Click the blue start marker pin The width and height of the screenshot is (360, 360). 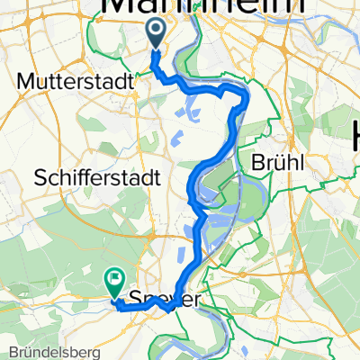[155, 34]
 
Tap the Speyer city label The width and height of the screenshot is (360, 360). [164, 299]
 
